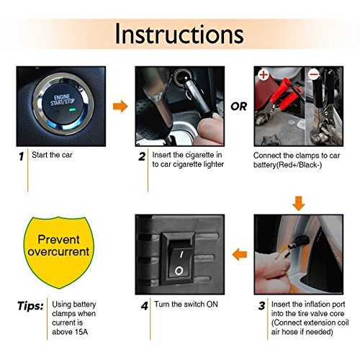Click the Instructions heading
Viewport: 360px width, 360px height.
(179, 34)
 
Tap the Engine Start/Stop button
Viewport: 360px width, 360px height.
(63, 104)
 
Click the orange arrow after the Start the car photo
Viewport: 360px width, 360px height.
(120, 106)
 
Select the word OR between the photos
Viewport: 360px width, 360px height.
(238, 107)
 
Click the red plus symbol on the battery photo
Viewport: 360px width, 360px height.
(264, 75)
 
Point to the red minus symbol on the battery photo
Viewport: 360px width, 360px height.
(314, 75)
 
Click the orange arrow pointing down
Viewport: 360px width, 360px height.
(299, 204)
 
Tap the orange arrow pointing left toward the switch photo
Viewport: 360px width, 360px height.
(240, 254)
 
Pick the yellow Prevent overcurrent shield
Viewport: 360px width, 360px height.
(58, 252)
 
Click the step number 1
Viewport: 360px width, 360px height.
(22, 156)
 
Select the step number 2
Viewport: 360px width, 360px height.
(142, 156)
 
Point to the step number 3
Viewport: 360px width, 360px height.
(262, 306)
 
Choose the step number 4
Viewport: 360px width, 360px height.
(145, 306)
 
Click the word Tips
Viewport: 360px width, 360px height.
(30, 306)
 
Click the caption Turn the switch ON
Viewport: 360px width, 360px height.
(186, 305)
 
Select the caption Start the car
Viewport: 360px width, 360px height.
(52, 155)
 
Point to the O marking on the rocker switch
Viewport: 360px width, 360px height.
(179, 271)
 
